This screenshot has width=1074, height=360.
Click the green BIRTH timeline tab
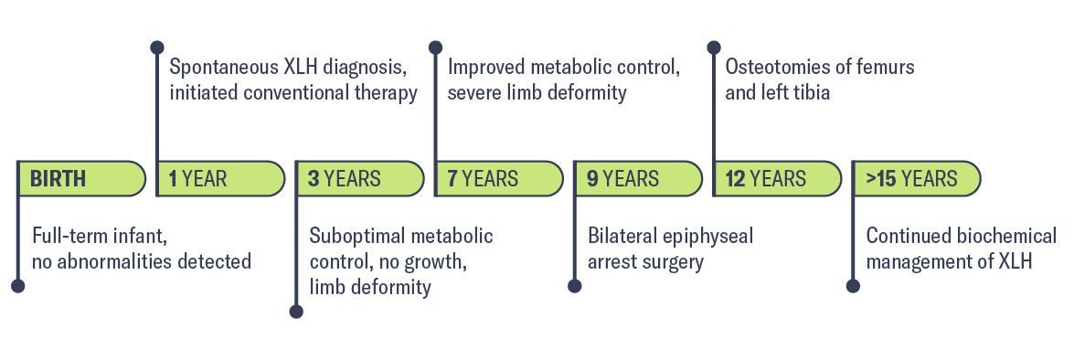pyautogui.click(x=80, y=178)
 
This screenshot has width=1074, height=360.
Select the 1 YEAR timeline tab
pyautogui.click(x=220, y=178)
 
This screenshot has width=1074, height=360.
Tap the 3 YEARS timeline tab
pyautogui.click(x=359, y=178)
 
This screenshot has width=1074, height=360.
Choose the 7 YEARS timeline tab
pyautogui.click(x=498, y=178)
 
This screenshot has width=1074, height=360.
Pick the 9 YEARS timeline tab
pyautogui.click(x=637, y=178)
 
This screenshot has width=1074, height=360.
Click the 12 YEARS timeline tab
pyautogui.click(x=776, y=178)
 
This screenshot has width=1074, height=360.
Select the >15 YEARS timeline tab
pyautogui.click(x=915, y=178)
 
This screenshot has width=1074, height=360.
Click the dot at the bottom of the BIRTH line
pyautogui.click(x=18, y=285)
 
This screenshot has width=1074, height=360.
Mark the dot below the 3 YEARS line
pyautogui.click(x=296, y=312)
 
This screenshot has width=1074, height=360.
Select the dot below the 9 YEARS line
pyautogui.click(x=575, y=285)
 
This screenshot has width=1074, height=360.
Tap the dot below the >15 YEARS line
pyautogui.click(x=853, y=285)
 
